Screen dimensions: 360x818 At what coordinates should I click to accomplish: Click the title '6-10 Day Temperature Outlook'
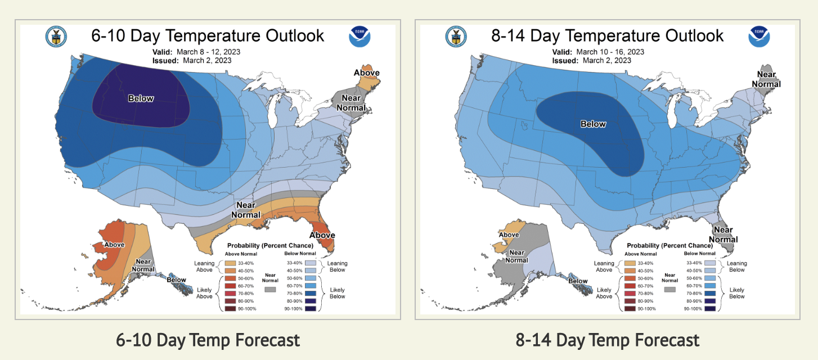coord(208,36)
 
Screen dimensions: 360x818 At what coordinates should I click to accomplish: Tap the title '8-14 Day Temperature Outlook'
coord(607,36)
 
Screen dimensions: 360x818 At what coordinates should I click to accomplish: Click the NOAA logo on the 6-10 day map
coord(359,36)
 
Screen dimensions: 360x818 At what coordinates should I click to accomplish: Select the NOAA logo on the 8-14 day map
coord(759,36)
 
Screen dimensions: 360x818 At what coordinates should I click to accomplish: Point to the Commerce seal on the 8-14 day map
coord(456,37)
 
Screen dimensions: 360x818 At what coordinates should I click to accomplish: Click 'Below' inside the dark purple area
coord(141,98)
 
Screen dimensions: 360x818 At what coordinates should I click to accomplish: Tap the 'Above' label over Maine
coord(366,73)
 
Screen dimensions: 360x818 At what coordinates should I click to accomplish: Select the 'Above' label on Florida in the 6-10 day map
coord(322,235)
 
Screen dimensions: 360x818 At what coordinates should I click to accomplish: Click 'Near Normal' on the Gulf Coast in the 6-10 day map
coord(248,210)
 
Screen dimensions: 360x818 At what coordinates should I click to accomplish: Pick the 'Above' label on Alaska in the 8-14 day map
coord(509,235)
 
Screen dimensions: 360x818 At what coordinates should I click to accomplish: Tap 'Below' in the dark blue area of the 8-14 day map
coord(593,124)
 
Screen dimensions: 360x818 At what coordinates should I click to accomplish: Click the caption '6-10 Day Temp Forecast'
coord(208,340)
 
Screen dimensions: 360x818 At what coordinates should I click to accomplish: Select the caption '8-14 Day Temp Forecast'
coord(608,340)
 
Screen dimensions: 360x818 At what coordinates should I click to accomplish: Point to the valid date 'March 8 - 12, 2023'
coord(212,52)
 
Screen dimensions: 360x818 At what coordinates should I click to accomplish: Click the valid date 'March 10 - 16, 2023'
coord(610,52)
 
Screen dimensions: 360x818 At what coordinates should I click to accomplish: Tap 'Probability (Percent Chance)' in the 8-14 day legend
coord(669,246)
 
